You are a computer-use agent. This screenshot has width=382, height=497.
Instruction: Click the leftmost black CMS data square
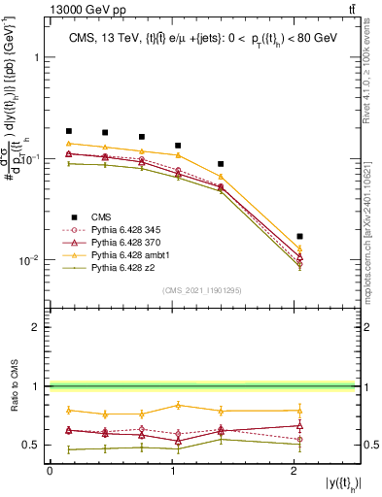[x=69, y=131]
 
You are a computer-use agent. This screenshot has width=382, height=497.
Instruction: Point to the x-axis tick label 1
[x=173, y=471]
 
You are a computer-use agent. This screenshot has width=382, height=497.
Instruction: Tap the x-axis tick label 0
[x=50, y=471]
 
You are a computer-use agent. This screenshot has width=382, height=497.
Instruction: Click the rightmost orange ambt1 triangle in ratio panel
[x=299, y=410]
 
